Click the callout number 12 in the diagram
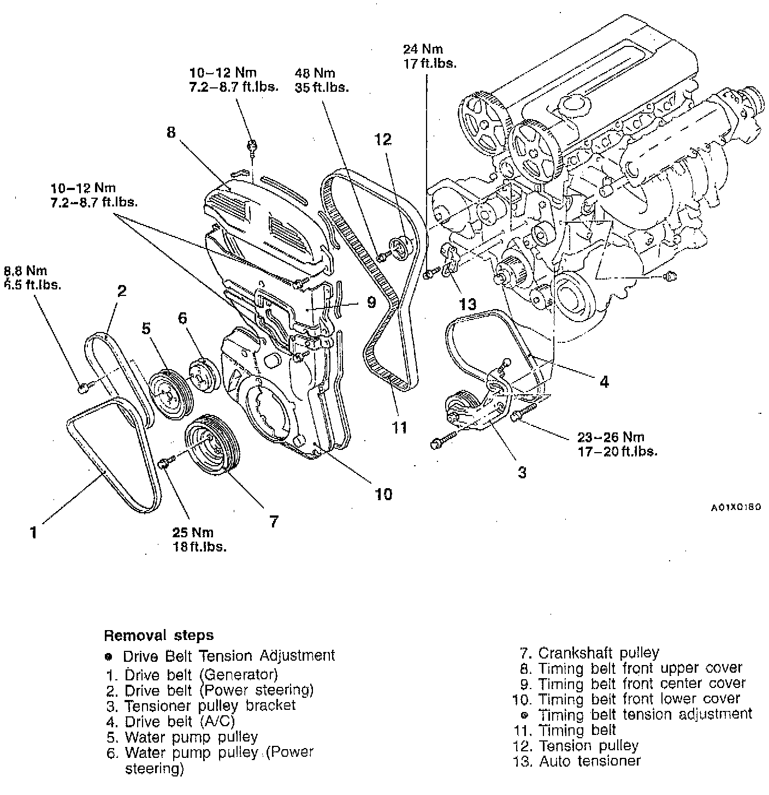tap(383, 140)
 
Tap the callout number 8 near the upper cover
tap(171, 132)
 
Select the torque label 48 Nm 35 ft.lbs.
tap(322, 80)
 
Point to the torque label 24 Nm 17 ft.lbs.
tap(429, 56)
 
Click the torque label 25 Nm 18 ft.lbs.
tap(200, 539)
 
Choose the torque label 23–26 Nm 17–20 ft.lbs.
tap(617, 444)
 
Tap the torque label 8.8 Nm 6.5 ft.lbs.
tap(33, 277)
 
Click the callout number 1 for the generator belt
tap(34, 532)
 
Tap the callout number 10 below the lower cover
tap(383, 494)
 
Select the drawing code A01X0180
tap(735, 507)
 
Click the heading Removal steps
tap(158, 636)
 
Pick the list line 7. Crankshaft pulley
tap(590, 652)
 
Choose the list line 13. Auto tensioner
tap(577, 761)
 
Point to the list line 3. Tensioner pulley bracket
tap(201, 705)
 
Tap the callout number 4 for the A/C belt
tap(604, 382)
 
